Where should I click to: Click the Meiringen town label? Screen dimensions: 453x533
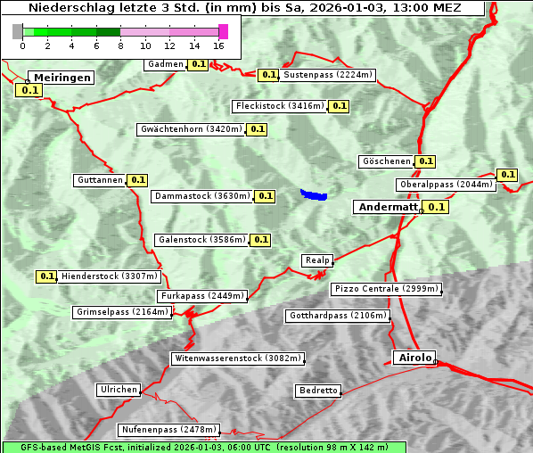(x=61, y=78)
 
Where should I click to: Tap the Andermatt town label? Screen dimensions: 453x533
(x=388, y=207)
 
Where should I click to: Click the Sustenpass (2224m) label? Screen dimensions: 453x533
(x=328, y=75)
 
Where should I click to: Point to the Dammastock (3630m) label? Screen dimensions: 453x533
(x=201, y=196)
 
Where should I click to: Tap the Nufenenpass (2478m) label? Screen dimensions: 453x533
(x=168, y=430)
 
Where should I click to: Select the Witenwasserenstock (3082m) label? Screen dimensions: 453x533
(x=237, y=358)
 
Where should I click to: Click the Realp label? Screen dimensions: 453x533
(x=317, y=260)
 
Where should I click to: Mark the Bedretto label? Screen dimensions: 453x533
(x=318, y=391)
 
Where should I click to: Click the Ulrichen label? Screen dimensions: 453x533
(x=119, y=390)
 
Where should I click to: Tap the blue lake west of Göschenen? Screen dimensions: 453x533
(x=313, y=194)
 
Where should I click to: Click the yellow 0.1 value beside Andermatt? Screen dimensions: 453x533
(x=436, y=207)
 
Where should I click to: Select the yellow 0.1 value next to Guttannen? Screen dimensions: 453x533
(x=137, y=180)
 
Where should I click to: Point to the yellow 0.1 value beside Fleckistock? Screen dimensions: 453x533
(x=338, y=106)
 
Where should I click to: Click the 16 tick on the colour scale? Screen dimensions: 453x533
(x=219, y=46)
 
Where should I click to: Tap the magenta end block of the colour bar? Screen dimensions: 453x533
(x=223, y=31)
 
